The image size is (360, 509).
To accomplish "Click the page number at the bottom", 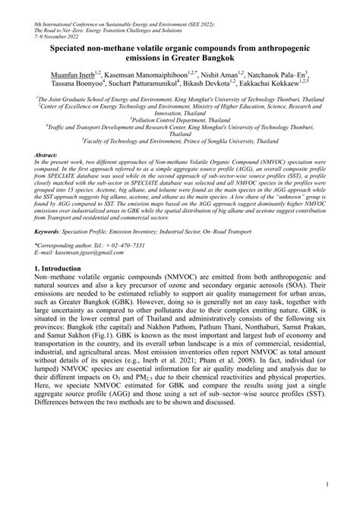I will click(x=325, y=483).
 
